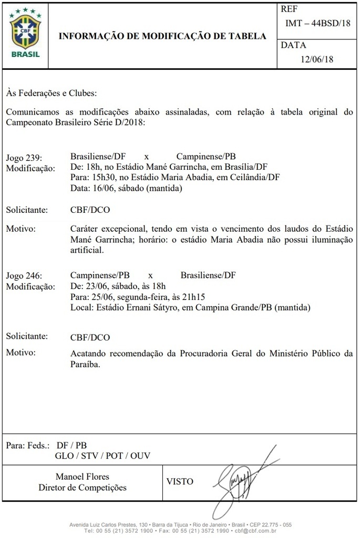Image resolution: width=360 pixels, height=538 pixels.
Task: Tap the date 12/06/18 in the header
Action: (x=317, y=59)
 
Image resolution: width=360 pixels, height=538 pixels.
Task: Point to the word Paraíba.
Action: (x=85, y=364)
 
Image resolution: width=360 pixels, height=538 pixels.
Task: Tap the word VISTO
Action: (x=180, y=481)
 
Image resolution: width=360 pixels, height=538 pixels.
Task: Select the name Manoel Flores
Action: (x=83, y=477)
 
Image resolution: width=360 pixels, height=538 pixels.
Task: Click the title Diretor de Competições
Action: (x=83, y=488)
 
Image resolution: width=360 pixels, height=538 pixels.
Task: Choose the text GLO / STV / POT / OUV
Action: (x=102, y=456)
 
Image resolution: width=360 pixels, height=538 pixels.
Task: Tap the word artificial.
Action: (x=86, y=251)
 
